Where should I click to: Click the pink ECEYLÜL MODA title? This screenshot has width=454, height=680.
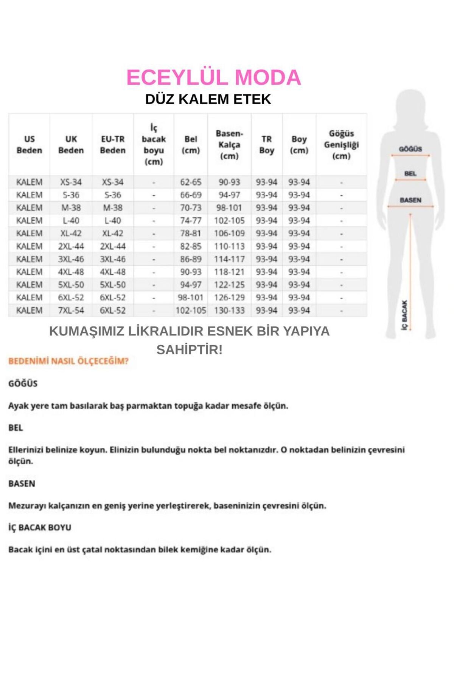pyautogui.click(x=213, y=77)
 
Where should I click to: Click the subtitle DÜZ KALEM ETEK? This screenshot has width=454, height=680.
pyautogui.click(x=208, y=99)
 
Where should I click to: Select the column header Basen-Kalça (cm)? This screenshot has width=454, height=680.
pyautogui.click(x=229, y=145)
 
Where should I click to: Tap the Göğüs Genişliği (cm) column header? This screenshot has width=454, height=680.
pyautogui.click(x=341, y=145)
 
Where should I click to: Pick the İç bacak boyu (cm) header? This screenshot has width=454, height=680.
pyautogui.click(x=154, y=145)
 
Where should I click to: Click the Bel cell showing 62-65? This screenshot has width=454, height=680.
pyautogui.click(x=191, y=182)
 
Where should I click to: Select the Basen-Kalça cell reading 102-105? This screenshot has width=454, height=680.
pyautogui.click(x=229, y=221)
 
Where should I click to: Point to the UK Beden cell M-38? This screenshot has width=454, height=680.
pyautogui.click(x=71, y=208)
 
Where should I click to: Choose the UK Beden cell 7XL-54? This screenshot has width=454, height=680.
pyautogui.click(x=71, y=311)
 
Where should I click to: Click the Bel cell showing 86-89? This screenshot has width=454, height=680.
pyautogui.click(x=191, y=259)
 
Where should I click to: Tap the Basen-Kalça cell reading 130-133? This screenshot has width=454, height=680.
pyautogui.click(x=229, y=311)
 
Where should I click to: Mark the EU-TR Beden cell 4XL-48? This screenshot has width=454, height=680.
pyautogui.click(x=113, y=272)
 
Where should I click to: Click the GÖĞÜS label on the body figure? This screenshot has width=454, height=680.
pyautogui.click(x=410, y=149)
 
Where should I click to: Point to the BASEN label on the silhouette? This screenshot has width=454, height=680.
pyautogui.click(x=410, y=200)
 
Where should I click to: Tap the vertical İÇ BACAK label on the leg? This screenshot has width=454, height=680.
pyautogui.click(x=404, y=315)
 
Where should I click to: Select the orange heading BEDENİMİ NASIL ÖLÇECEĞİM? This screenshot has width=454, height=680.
pyautogui.click(x=68, y=361)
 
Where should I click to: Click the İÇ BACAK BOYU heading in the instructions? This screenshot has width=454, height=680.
pyautogui.click(x=40, y=527)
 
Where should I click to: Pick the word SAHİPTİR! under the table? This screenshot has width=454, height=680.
pyautogui.click(x=189, y=350)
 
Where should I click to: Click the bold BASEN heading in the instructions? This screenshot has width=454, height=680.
pyautogui.click(x=22, y=484)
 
